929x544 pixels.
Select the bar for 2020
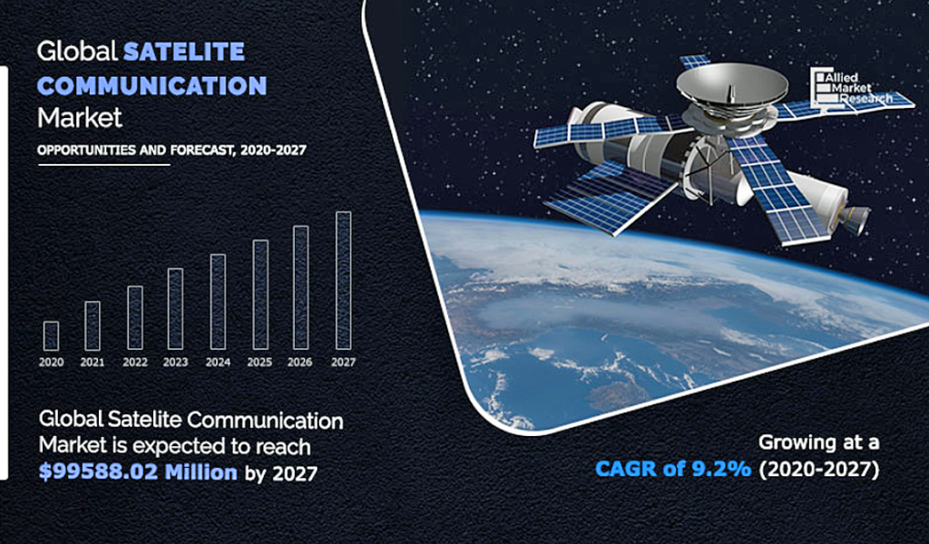[x=51, y=335]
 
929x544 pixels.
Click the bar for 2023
[x=175, y=308]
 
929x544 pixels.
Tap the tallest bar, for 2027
[x=344, y=280]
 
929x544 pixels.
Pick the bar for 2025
[x=260, y=295]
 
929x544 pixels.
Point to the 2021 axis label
[x=93, y=363]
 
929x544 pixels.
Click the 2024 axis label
[x=218, y=363]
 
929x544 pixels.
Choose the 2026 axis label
[x=299, y=363]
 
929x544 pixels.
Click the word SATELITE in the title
[x=183, y=52]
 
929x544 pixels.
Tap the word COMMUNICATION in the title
[x=152, y=86]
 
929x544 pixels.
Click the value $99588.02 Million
[x=138, y=471]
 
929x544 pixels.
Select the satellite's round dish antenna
[x=732, y=84]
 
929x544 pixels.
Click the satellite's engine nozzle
[x=855, y=218]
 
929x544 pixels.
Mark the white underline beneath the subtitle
[x=104, y=165]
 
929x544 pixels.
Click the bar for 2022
[x=135, y=318]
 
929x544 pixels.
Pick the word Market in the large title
[x=80, y=118]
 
